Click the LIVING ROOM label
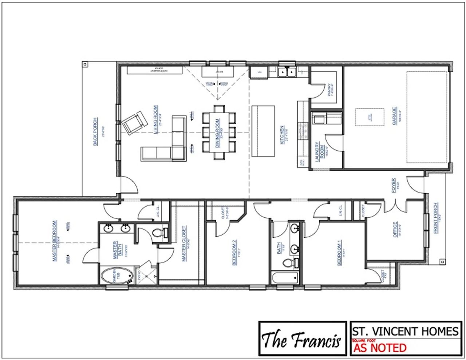point(155,120)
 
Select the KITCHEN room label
point(282,135)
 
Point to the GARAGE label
point(395,116)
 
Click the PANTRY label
point(329,89)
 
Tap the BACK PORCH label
point(95,131)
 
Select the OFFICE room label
point(395,229)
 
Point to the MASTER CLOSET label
point(184,244)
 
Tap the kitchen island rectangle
point(263,131)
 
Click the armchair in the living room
point(134,122)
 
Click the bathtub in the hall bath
point(285,278)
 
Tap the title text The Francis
point(301,340)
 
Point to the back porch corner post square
point(85,64)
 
